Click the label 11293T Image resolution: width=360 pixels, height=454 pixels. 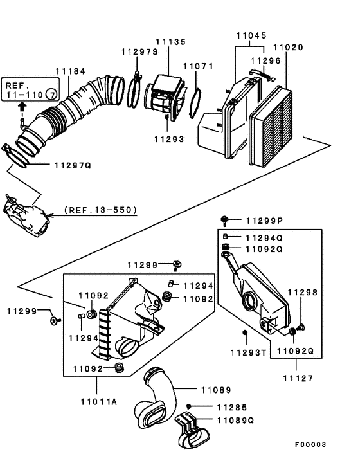point(248,353)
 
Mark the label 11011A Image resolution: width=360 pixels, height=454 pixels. point(99,402)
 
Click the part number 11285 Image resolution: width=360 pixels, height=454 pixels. point(231,407)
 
